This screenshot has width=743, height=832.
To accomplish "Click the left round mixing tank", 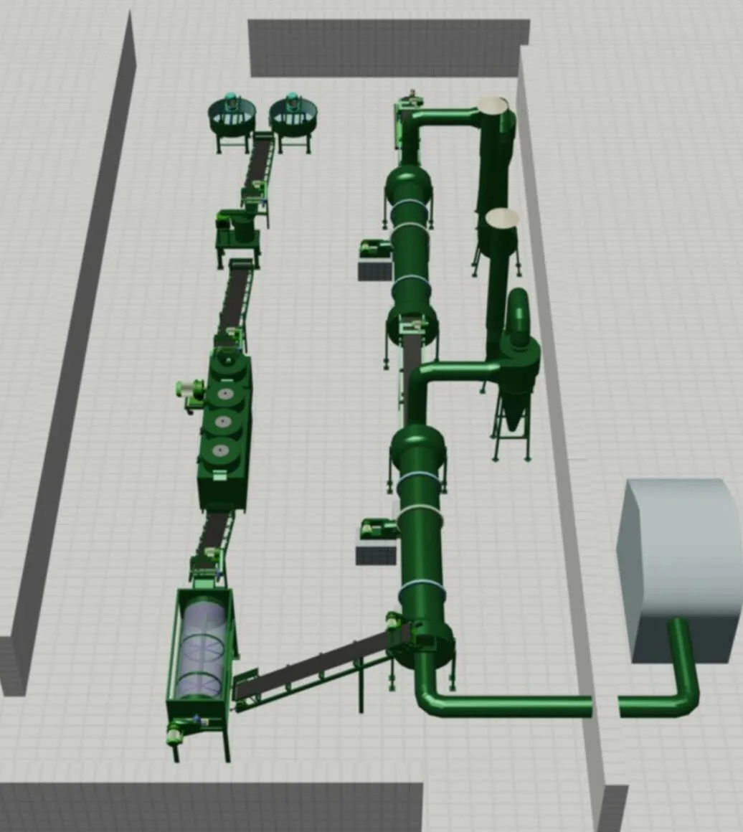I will tap(232, 115).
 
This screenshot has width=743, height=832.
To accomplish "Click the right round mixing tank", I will tap(293, 115).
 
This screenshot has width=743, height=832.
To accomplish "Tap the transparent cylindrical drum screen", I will tap(200, 646).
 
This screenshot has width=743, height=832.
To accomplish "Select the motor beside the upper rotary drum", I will tap(376, 250).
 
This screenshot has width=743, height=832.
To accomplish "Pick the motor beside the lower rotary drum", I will tap(378, 529).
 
